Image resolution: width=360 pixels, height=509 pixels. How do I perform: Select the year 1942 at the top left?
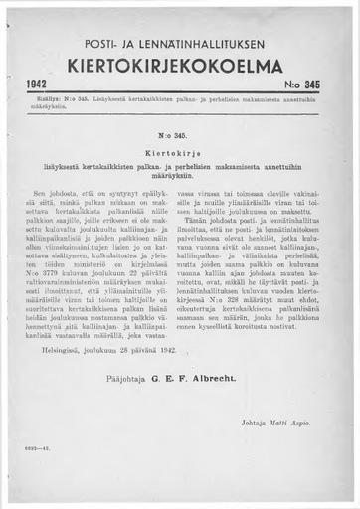click(40, 88)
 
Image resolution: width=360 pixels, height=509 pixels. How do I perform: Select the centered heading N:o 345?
click(180, 133)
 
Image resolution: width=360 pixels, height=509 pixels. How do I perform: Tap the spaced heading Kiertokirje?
click(180, 147)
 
